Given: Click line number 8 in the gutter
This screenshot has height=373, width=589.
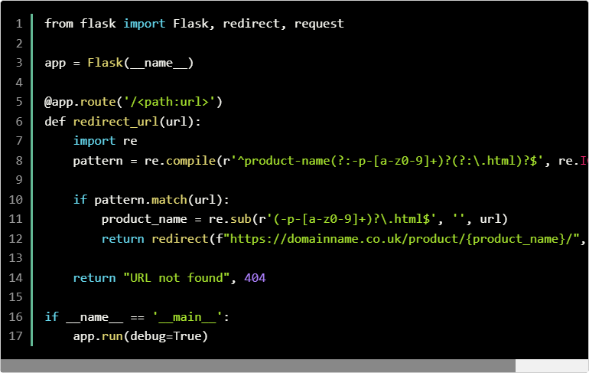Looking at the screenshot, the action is (x=18, y=161).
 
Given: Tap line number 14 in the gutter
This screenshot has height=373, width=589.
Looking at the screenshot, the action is (x=15, y=278).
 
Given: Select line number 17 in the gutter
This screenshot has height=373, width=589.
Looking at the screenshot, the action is (x=15, y=336).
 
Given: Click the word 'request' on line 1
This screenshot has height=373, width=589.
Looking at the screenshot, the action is (x=319, y=24).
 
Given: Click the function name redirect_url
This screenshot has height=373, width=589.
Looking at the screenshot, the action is (x=116, y=122).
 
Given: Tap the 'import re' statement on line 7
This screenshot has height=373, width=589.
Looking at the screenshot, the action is (x=105, y=141).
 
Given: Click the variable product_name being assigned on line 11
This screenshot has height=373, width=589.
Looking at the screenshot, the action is (x=141, y=219).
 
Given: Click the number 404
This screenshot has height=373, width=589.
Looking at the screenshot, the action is (x=255, y=278).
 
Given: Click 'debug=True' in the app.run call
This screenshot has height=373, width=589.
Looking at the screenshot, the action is (x=165, y=336).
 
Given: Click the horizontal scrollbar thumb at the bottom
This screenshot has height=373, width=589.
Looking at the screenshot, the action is (x=258, y=366).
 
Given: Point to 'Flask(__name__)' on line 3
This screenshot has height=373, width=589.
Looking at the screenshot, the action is (x=140, y=63).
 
